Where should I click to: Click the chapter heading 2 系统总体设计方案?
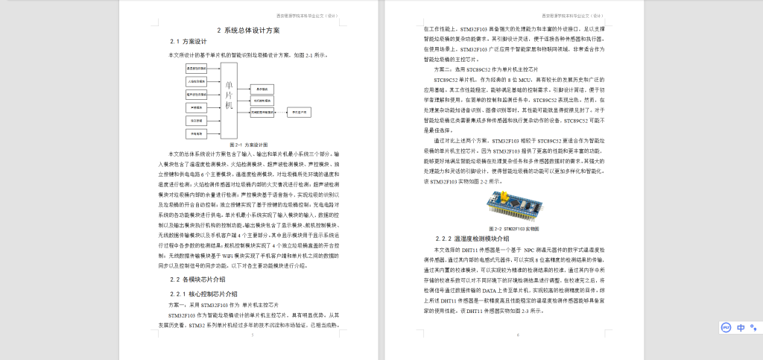[248, 31]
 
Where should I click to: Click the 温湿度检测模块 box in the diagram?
[197, 68]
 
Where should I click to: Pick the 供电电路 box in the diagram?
[197, 134]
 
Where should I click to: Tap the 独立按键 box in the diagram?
[197, 121]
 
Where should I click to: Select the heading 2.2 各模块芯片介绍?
[197, 279]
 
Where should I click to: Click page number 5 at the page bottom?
[253, 335]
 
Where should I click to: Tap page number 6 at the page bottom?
[517, 335]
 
